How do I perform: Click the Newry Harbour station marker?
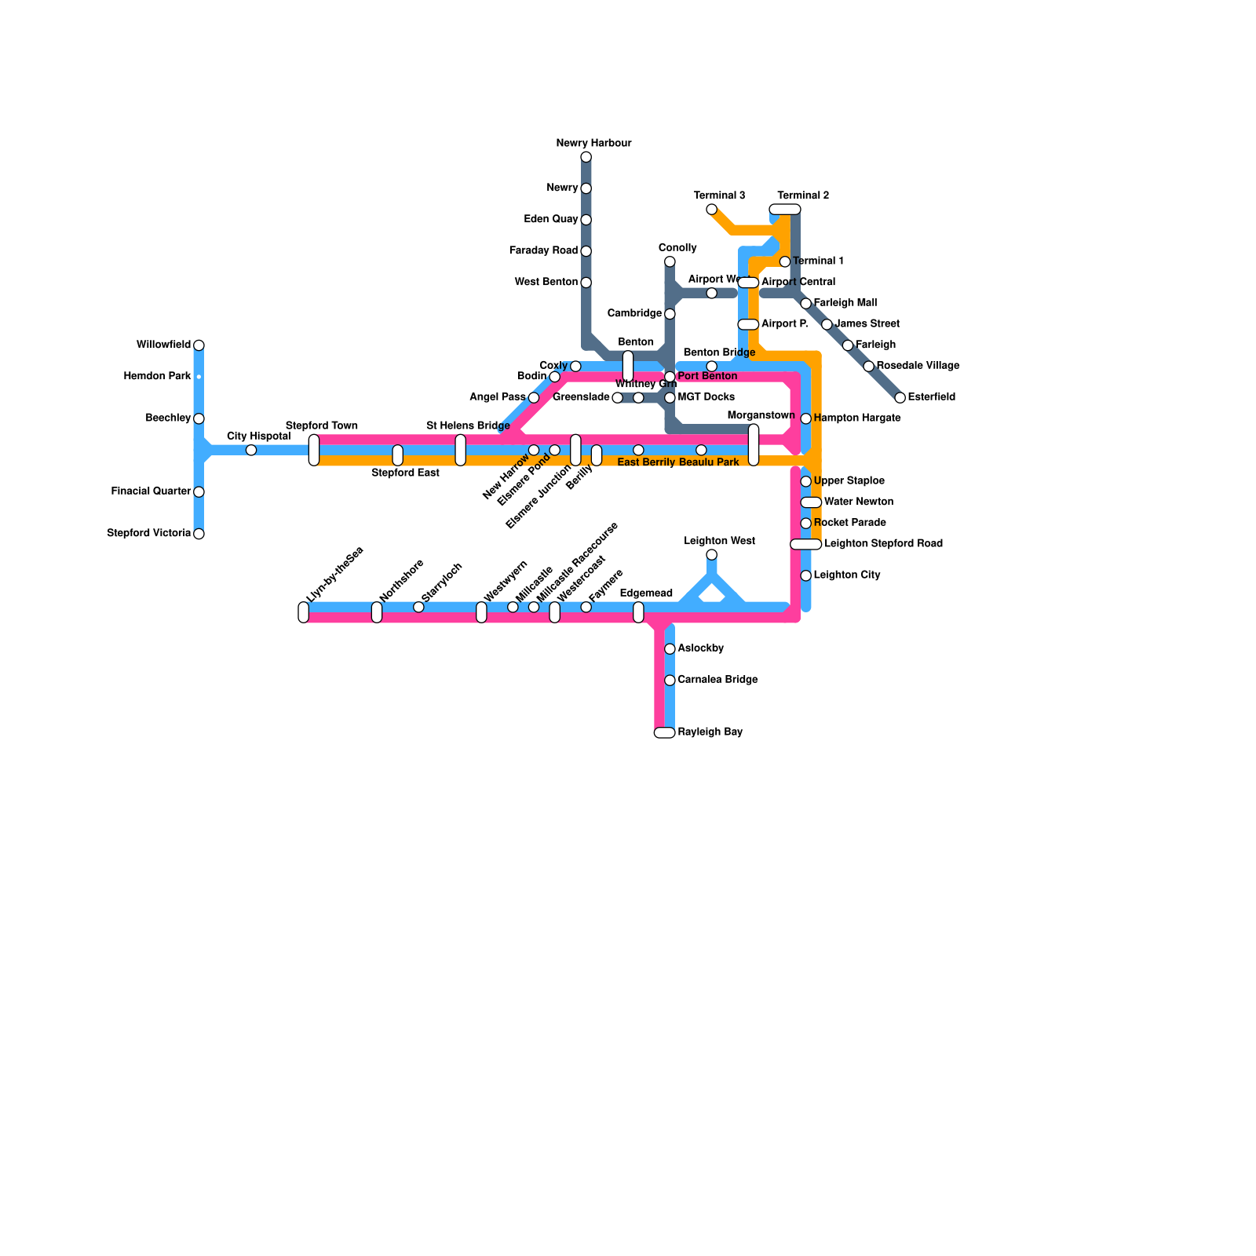586,157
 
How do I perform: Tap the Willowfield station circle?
199,345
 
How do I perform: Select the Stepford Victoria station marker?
199,534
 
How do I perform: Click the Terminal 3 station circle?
711,209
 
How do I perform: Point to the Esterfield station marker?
900,397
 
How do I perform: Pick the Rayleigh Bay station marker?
664,732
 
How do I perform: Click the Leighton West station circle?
711,555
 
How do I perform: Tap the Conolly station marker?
670,261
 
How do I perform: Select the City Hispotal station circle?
251,450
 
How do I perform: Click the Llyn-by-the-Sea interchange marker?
304,612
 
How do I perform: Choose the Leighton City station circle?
805,575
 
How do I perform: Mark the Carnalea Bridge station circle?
670,680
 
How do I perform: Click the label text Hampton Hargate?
856,418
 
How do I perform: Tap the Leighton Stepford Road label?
883,544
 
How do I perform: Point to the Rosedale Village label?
918,366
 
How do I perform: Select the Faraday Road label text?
543,251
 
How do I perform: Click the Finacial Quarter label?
151,491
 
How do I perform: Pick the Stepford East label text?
405,473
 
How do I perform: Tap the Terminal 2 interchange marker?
785,209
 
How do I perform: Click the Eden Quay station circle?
586,220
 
